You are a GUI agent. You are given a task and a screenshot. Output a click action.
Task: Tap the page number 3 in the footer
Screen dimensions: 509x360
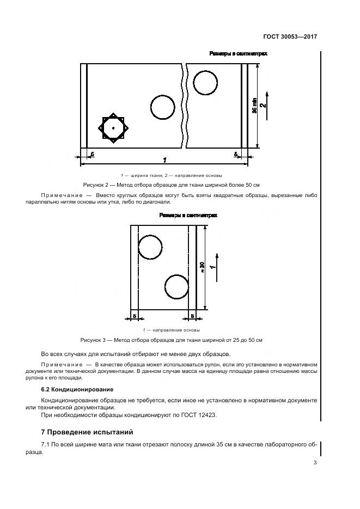tap(315, 463)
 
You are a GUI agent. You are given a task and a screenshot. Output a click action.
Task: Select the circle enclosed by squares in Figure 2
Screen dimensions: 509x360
tap(113, 128)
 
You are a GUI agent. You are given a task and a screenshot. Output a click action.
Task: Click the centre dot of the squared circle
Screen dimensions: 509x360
tap(113, 128)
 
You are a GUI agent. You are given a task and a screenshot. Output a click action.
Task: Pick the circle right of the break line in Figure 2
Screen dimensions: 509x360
tap(206, 83)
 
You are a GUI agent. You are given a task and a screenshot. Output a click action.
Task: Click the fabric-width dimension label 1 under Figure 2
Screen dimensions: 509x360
tap(164, 160)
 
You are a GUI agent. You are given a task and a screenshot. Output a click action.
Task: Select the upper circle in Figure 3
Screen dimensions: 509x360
tap(150, 247)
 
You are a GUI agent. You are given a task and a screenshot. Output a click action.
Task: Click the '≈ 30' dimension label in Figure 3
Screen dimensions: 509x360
tap(203, 267)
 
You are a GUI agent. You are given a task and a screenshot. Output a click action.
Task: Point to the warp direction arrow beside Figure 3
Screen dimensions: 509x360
tap(217, 266)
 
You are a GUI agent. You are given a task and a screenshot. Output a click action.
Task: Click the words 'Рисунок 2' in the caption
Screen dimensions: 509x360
tap(96, 185)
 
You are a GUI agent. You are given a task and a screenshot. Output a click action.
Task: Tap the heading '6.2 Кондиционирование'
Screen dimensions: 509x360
tap(77, 389)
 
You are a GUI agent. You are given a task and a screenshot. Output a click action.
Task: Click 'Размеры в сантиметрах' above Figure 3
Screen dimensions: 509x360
tap(188, 216)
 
